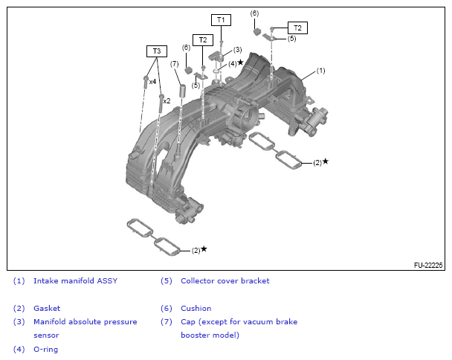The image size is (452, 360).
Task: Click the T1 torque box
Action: coord(221,19)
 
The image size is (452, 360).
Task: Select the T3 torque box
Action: coord(156,51)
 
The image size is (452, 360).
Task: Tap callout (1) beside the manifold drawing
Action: coord(320,71)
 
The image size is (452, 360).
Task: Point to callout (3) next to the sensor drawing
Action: coord(237,50)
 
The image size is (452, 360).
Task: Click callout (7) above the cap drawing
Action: coord(174,64)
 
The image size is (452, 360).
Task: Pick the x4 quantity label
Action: coord(152,81)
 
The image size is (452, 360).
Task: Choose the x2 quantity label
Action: coord(167,100)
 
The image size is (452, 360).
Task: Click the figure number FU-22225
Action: coord(428,265)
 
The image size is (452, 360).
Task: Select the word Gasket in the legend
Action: coord(47,308)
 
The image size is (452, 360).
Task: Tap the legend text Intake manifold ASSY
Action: coord(75,281)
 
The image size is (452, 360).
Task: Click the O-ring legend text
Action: coord(45,349)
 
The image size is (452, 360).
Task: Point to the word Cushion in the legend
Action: coord(196,308)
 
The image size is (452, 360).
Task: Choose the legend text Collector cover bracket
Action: coord(225,281)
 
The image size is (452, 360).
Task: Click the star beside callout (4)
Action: coord(241,62)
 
